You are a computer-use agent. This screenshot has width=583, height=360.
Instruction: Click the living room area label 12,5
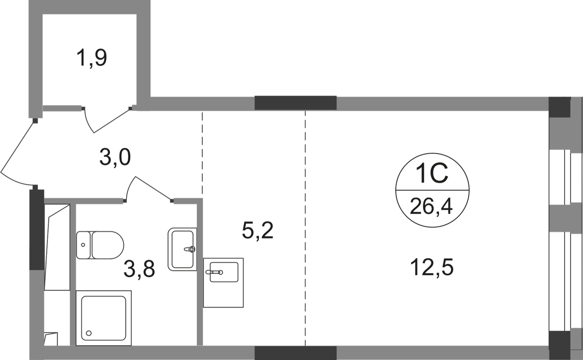point(432,269)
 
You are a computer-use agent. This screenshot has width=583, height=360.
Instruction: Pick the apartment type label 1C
point(432,176)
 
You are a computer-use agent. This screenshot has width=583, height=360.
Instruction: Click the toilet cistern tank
point(83,245)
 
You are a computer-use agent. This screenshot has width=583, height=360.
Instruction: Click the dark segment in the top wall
point(295,102)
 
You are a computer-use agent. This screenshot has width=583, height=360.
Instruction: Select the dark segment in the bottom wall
point(295,353)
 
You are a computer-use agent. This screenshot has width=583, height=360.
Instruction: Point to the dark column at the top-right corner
point(560,106)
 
